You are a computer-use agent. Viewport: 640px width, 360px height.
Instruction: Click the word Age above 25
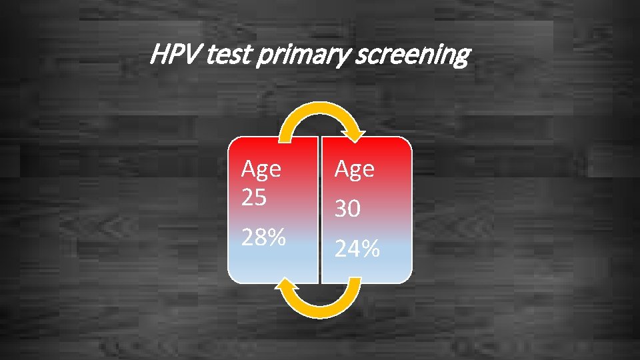(x=261, y=171)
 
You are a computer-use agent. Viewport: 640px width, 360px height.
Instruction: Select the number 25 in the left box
(x=254, y=198)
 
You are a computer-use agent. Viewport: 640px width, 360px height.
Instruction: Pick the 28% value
(x=263, y=236)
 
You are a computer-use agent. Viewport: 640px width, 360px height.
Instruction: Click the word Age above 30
(x=354, y=171)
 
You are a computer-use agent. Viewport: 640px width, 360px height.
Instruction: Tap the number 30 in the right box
(x=348, y=209)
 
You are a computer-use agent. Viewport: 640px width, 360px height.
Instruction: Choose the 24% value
(x=357, y=249)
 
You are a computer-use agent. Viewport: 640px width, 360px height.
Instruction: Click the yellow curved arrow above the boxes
(x=319, y=113)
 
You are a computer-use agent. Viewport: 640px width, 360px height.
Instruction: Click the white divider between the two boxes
(x=319, y=210)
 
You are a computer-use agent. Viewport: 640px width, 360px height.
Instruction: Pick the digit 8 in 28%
(x=259, y=236)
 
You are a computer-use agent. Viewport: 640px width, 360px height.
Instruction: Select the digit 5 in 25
(x=259, y=198)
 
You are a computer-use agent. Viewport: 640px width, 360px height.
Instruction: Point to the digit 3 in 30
(x=341, y=209)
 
